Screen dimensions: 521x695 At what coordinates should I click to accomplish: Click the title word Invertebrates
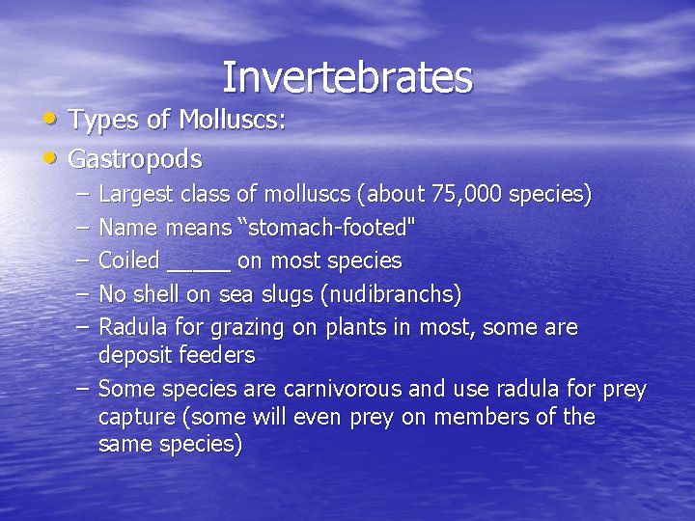(347, 77)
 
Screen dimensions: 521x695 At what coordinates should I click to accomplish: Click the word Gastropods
(136, 158)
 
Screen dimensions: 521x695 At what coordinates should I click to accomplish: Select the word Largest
(137, 195)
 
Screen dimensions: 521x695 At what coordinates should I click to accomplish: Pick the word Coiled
(129, 260)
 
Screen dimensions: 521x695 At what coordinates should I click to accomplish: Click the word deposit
(135, 356)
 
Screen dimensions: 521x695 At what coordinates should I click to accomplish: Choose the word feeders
(216, 355)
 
